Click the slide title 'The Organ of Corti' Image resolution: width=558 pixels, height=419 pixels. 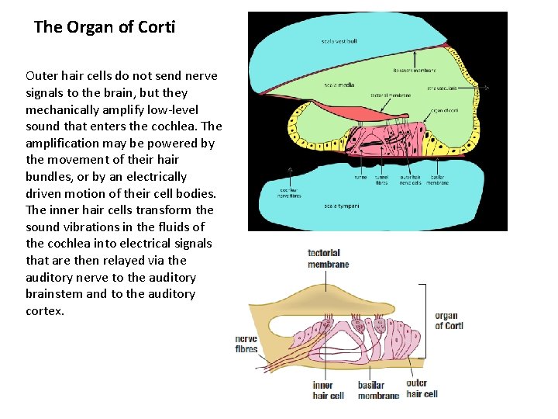pos(105,27)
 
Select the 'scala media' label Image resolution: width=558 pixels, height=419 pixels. pos(339,85)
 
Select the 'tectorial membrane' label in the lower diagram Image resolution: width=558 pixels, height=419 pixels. pos(328,258)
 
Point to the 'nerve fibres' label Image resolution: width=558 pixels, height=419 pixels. pos(246,344)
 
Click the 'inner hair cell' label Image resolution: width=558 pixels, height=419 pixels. pos(328,390)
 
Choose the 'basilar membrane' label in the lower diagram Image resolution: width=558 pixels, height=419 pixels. pos(378,390)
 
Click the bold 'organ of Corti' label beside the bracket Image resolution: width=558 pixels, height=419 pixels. pos(449,320)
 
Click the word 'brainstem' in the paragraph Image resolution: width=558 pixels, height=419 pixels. pos(54,294)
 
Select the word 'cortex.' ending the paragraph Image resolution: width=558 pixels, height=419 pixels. pos(45,311)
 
